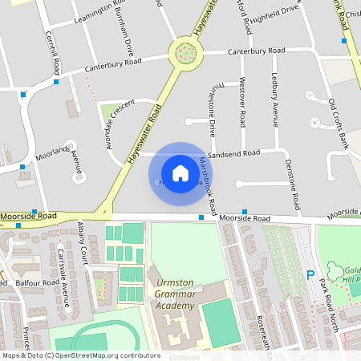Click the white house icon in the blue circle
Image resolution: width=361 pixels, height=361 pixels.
click(180, 172)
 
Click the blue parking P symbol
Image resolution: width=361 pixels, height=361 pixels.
click(310, 275)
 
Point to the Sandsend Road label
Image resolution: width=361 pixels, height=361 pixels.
click(234, 152)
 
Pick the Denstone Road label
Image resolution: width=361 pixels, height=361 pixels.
click(293, 180)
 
